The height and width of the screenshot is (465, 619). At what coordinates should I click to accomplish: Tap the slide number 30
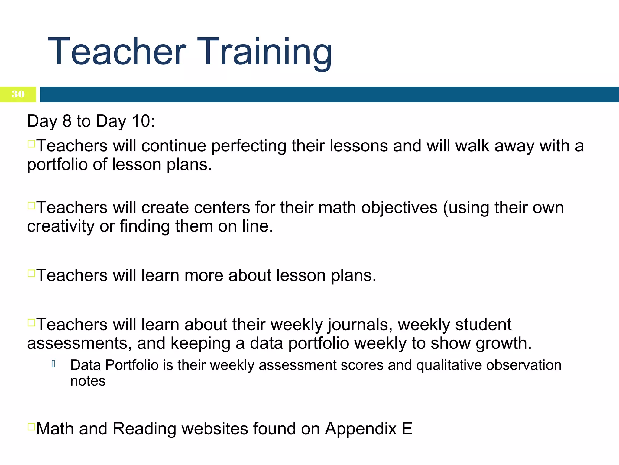click(x=18, y=94)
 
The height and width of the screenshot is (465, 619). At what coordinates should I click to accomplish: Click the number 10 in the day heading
click(x=141, y=121)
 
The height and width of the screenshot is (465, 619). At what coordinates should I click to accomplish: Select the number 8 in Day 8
click(x=67, y=121)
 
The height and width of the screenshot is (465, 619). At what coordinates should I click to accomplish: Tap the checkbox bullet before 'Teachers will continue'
click(x=31, y=143)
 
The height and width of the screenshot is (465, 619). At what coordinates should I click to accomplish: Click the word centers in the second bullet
click(x=222, y=208)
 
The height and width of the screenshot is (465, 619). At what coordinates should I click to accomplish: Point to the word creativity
click(x=60, y=226)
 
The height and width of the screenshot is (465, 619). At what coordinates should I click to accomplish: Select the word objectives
click(x=399, y=208)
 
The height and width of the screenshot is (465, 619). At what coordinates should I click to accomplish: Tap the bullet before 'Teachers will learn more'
click(x=31, y=273)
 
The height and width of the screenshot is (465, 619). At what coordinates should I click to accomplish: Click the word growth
click(x=503, y=344)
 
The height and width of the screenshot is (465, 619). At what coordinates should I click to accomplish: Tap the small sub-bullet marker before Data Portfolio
click(x=53, y=364)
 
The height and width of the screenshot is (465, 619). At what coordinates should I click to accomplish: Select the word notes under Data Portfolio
click(x=88, y=381)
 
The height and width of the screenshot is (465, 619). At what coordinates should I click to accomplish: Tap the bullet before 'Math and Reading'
click(x=31, y=427)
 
